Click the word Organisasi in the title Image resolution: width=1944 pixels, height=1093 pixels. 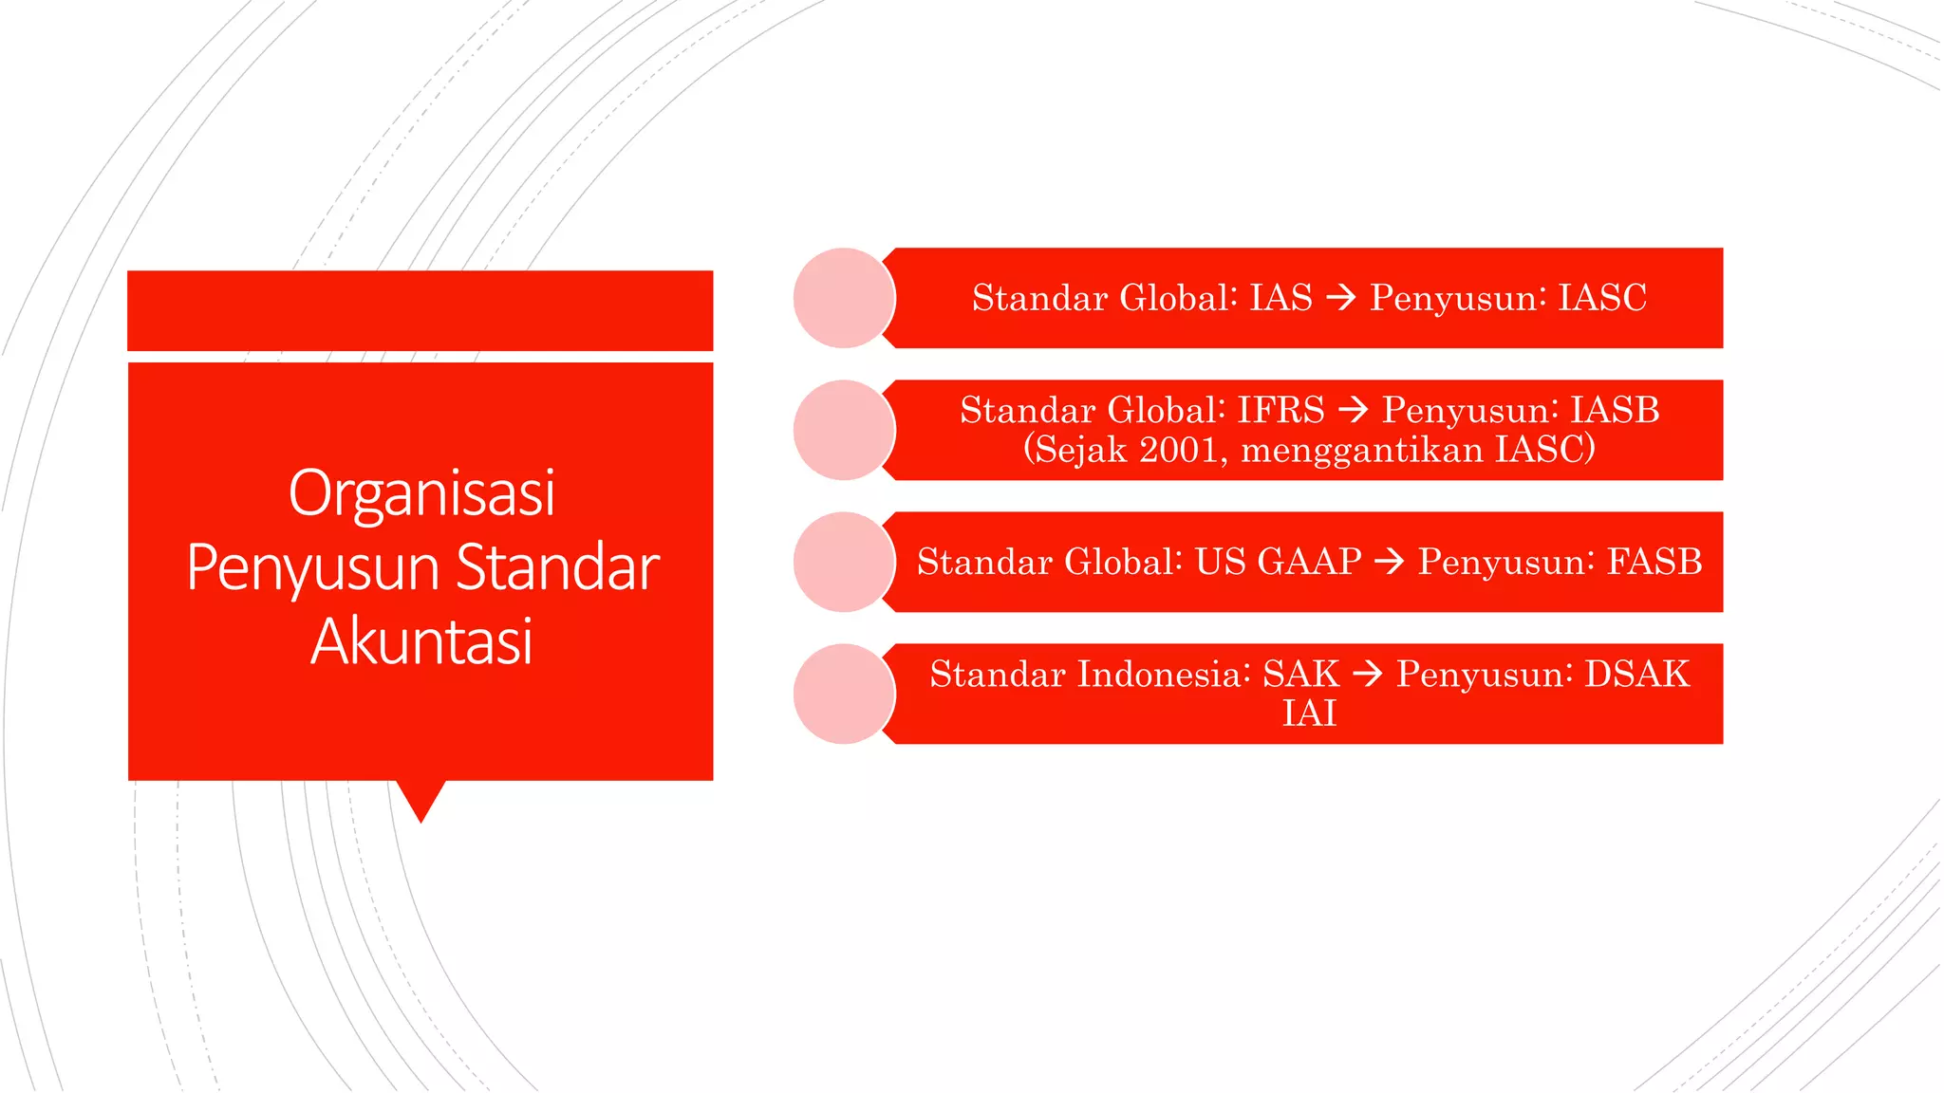[x=421, y=493]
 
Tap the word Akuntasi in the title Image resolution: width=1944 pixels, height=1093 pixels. [x=421, y=641]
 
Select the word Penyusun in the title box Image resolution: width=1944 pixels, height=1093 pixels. [x=313, y=568]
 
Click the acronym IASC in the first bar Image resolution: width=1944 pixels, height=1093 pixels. [x=1602, y=298]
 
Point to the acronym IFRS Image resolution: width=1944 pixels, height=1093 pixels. [x=1280, y=410]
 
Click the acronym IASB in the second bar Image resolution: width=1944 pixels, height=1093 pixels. [x=1615, y=410]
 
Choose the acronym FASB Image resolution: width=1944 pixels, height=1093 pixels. [x=1654, y=562]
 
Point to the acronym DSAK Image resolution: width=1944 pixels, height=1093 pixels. [x=1637, y=674]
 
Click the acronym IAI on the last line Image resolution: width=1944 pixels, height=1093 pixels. [x=1309, y=713]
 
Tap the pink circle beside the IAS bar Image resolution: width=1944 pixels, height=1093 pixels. [x=843, y=298]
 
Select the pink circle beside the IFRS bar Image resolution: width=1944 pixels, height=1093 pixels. [x=843, y=430]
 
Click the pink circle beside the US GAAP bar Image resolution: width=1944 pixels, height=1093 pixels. [x=843, y=562]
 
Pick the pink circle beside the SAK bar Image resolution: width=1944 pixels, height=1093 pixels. [x=843, y=694]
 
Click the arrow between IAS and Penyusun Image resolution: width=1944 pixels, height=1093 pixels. [x=1341, y=298]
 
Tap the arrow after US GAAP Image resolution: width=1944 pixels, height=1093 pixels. [x=1389, y=562]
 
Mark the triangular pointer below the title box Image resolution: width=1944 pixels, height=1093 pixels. [x=421, y=800]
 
